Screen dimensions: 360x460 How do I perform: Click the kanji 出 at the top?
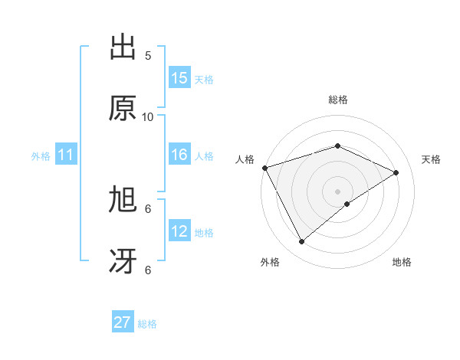(123, 47)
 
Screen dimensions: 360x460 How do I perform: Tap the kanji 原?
(123, 109)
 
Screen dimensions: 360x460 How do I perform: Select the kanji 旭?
(123, 200)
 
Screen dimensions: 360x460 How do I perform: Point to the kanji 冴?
(123, 261)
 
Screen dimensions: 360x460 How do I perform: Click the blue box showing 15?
(179, 78)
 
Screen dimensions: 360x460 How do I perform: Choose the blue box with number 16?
(179, 155)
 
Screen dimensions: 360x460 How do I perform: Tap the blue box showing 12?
(179, 231)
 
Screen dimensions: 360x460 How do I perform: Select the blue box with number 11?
(65, 155)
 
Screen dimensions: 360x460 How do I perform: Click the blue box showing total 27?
(123, 322)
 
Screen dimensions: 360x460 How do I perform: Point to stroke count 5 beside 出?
(148, 56)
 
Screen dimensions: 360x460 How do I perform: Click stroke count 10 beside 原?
(148, 117)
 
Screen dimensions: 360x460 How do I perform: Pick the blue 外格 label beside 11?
(41, 156)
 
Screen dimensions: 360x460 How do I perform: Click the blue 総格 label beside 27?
(147, 323)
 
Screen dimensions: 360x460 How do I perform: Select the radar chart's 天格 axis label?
(432, 159)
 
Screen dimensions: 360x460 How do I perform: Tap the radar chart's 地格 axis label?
(402, 263)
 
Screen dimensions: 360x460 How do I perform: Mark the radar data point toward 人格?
(264, 168)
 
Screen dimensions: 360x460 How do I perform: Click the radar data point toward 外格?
(301, 242)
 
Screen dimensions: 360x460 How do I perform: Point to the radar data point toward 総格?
(337, 146)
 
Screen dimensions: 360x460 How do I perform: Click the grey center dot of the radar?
(337, 191)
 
